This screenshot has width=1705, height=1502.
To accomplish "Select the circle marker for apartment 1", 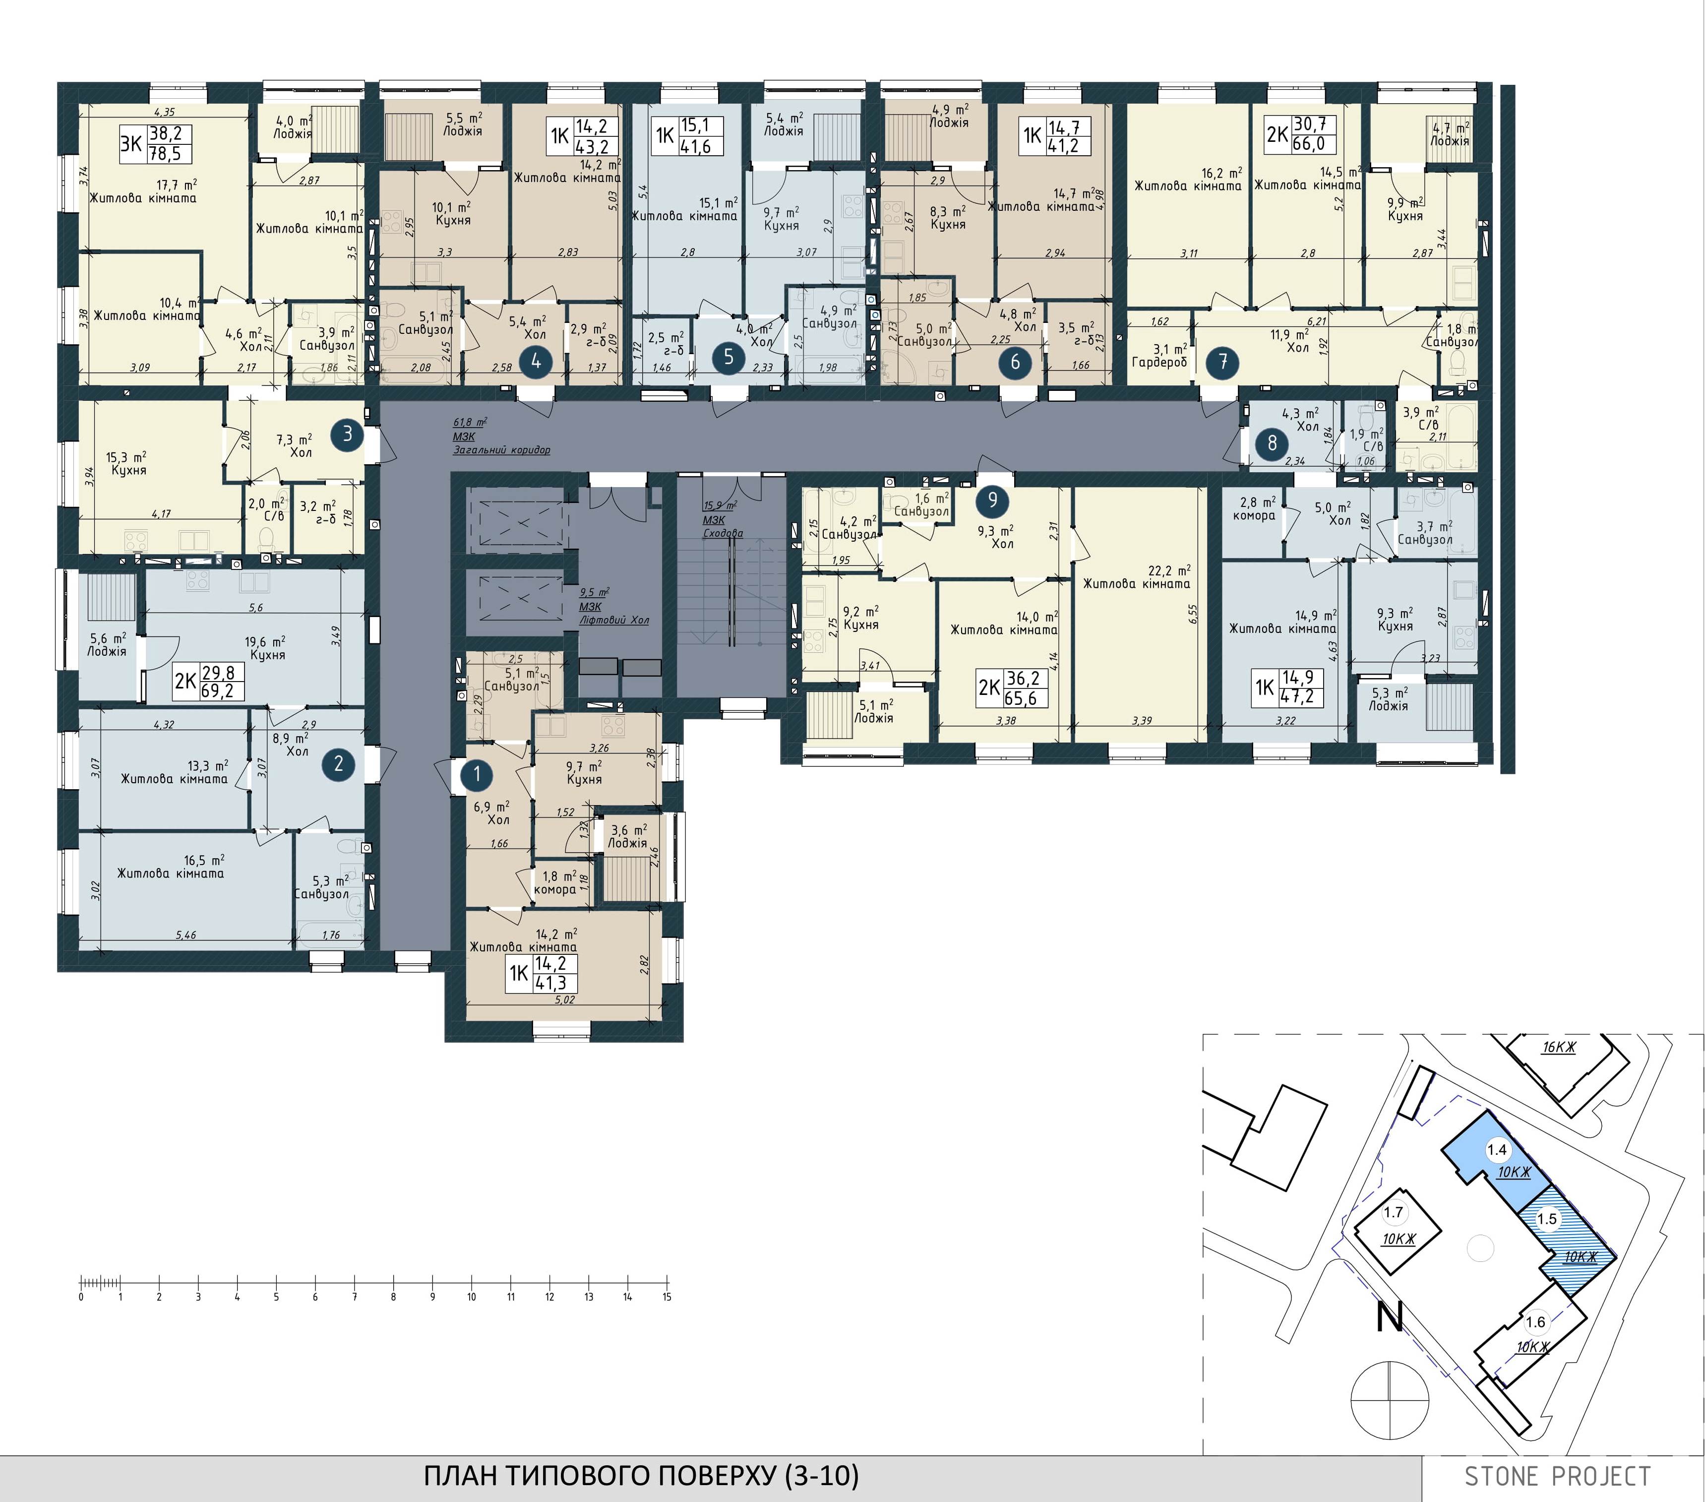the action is click(477, 774).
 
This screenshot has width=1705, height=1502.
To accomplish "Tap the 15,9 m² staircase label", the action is click(723, 519).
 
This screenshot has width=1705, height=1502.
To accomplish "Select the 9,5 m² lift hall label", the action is click(613, 606).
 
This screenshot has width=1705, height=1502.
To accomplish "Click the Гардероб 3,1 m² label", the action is click(1159, 356).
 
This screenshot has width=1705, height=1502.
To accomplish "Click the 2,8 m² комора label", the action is click(1255, 509).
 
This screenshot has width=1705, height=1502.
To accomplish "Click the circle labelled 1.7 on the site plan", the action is click(1393, 1212).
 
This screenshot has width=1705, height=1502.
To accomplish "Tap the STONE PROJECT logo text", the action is click(1557, 1476).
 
